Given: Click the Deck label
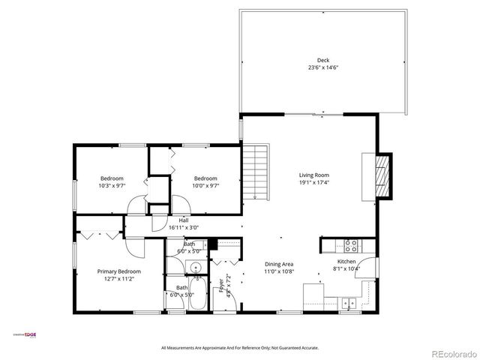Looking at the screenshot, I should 322,61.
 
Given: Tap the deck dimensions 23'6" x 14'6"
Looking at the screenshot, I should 322,68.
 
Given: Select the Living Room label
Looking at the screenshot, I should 314,174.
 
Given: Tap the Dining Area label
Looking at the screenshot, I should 278,263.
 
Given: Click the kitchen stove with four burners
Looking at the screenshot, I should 350,244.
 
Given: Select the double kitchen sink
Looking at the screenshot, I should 348,303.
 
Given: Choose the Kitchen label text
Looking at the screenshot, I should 346,261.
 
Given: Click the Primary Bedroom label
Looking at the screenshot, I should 118,271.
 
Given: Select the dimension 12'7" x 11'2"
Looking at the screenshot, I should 118,279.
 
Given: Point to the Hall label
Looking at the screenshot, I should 183,220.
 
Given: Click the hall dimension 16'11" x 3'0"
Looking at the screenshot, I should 183,227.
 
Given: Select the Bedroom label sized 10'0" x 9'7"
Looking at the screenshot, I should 205,178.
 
